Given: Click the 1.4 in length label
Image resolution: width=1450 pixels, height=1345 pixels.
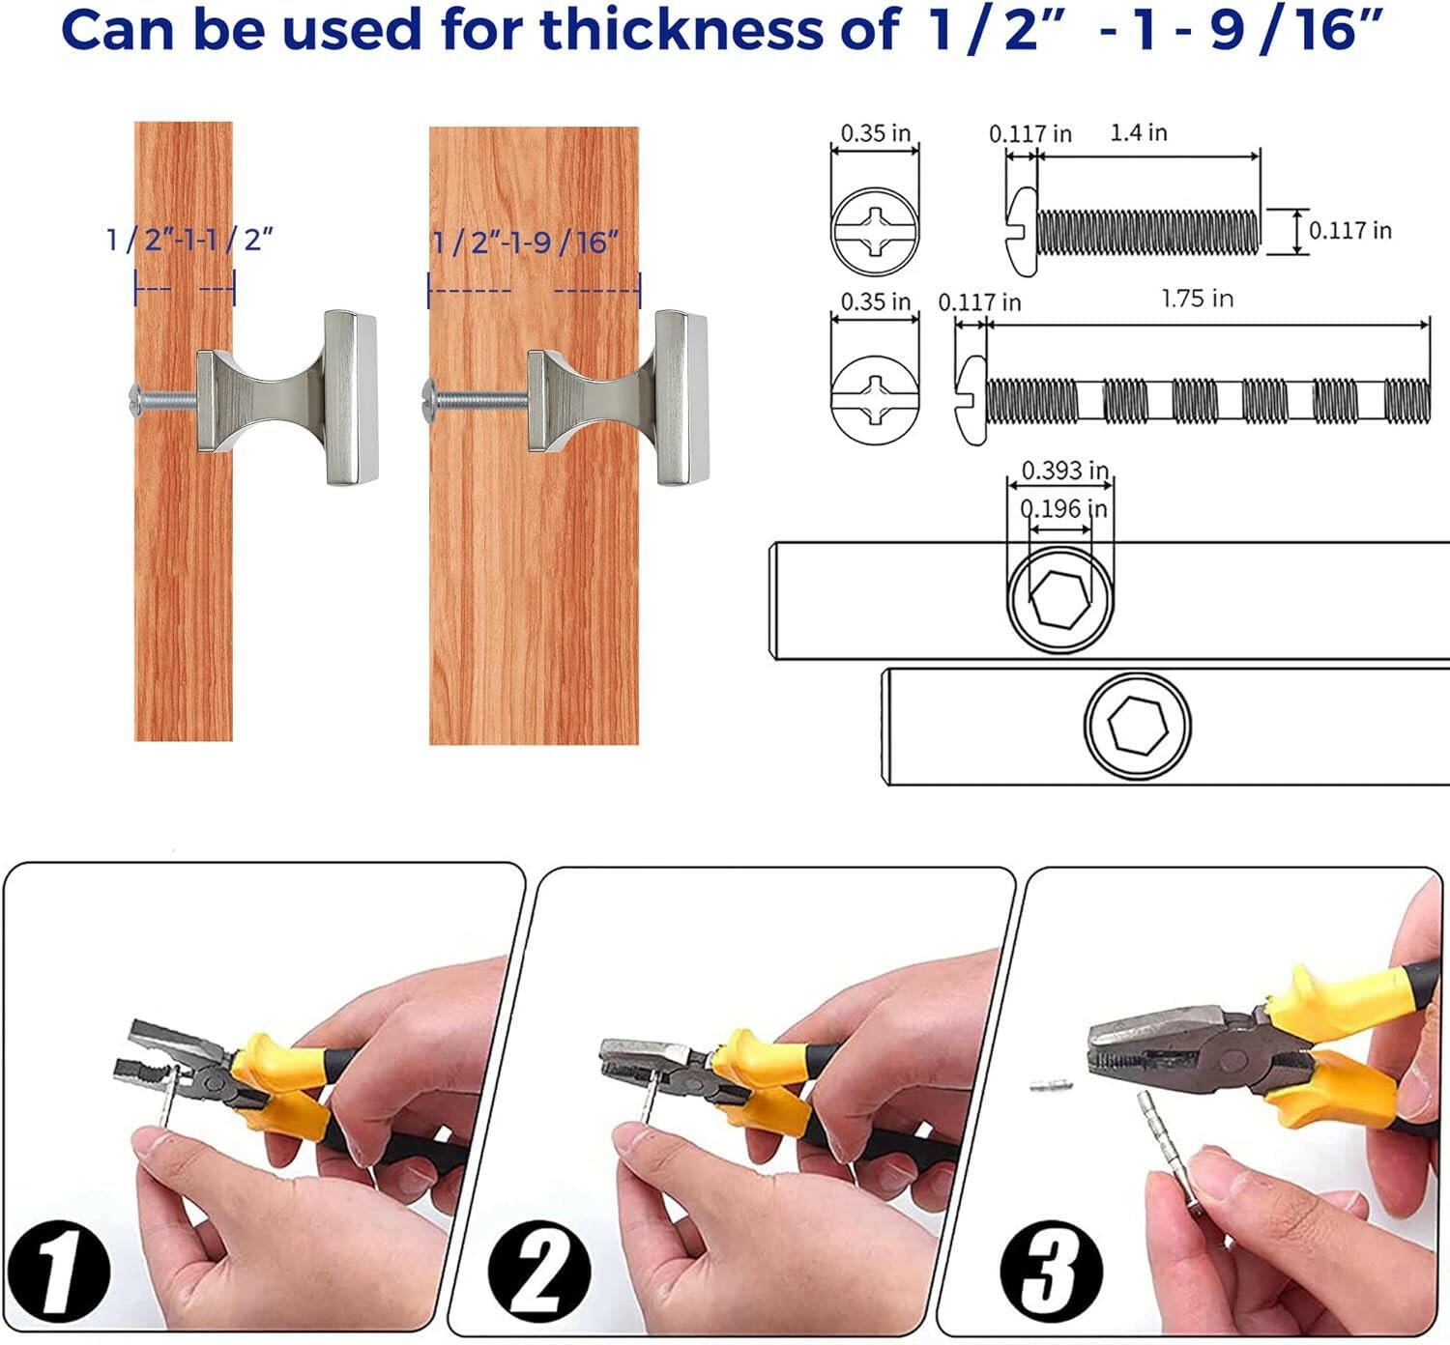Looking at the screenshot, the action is (x=1138, y=132).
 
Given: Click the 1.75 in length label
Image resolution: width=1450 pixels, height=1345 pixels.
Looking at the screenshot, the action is (x=1198, y=299).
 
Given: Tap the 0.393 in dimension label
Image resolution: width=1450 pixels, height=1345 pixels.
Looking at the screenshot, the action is (x=1064, y=471).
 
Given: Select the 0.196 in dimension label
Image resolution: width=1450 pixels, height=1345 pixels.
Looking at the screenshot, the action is (x=1063, y=508).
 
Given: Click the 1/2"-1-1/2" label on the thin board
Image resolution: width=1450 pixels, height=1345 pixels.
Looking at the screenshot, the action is (x=189, y=240).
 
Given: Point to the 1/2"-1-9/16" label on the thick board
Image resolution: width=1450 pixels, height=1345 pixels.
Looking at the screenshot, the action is (x=526, y=243).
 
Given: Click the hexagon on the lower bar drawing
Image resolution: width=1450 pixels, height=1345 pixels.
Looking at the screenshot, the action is (x=1138, y=725).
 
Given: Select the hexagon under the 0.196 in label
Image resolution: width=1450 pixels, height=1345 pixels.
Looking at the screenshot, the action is (x=1060, y=598).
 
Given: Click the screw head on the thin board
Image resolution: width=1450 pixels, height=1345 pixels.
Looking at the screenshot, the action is (x=135, y=401).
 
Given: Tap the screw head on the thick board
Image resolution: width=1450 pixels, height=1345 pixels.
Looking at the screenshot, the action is (x=429, y=401).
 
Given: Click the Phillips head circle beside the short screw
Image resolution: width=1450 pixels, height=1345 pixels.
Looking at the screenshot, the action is (x=875, y=232).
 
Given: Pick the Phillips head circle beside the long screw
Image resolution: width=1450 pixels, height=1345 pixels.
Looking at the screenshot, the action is (x=875, y=400).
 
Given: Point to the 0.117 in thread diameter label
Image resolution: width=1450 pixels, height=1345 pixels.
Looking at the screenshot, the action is (x=1350, y=231).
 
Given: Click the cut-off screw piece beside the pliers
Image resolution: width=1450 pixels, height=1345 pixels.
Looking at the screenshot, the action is (x=1052, y=1085).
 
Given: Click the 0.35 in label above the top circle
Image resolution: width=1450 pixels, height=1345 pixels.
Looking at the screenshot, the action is (x=876, y=133).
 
